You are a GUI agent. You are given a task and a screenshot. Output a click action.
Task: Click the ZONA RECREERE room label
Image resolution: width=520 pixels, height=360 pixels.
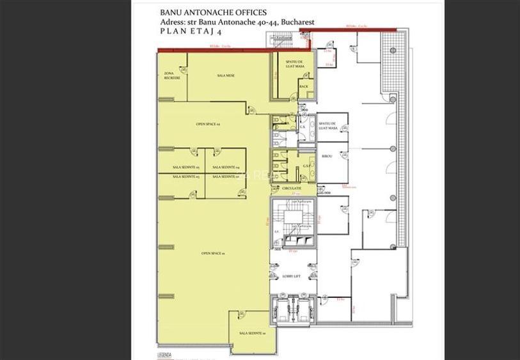tap(172, 76)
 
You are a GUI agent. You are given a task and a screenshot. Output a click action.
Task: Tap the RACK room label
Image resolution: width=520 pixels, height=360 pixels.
tap(304, 86)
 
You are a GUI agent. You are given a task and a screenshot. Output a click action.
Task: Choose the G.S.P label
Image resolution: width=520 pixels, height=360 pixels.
tap(306, 166)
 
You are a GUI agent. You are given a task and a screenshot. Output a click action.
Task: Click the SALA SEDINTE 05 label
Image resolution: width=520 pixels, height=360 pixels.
tap(185, 168)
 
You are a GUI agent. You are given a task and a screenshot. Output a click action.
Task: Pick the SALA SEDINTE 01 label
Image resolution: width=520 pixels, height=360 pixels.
tap(252, 334)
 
